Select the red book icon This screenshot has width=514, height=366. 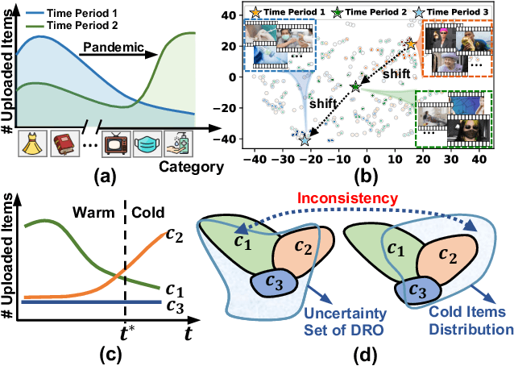point(64,140)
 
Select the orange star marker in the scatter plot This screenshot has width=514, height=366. point(411,44)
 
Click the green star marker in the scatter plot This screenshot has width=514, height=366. point(357,86)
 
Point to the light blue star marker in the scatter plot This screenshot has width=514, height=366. point(304,139)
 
